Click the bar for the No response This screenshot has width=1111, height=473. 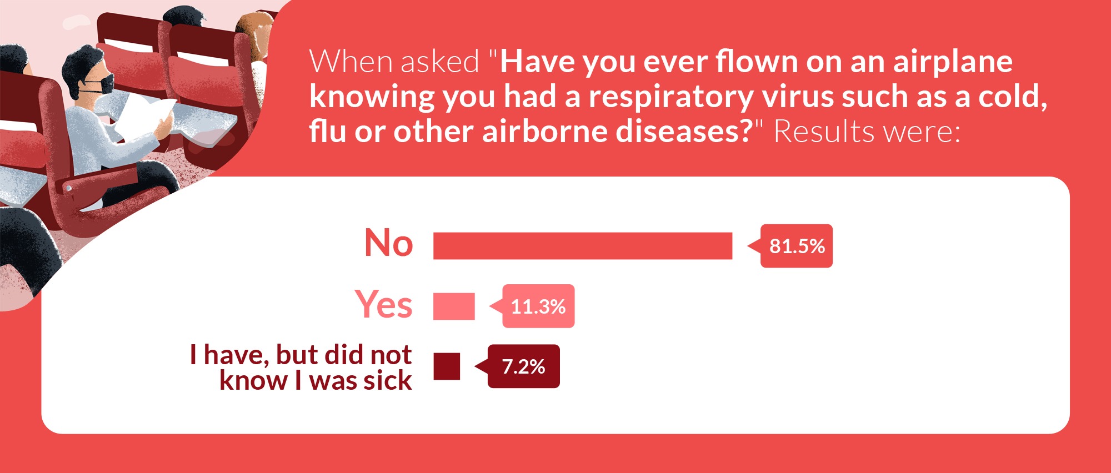pos(583,246)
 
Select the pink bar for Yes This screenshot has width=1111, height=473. pos(454,306)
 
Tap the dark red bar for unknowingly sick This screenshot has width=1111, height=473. pos(447,366)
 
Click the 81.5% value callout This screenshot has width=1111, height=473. pos(796,246)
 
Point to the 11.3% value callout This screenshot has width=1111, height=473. pos(537,306)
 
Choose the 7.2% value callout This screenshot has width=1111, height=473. pos(523,366)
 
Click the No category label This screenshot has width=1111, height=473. pos(389,243)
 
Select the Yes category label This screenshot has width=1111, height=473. pos(384,304)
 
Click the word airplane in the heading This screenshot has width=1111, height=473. pos(953,62)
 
